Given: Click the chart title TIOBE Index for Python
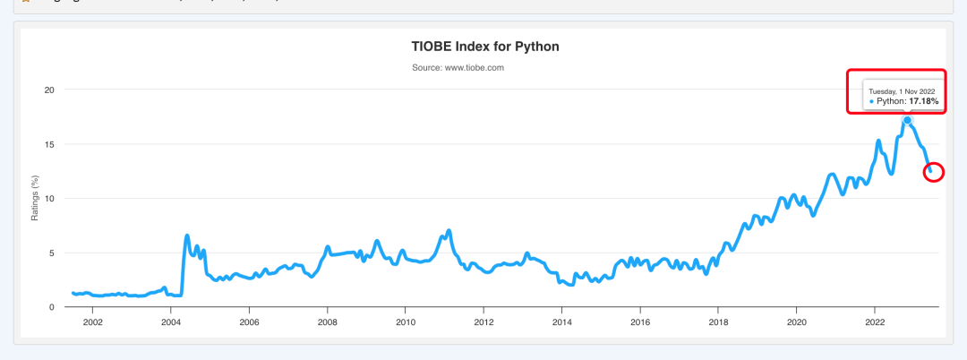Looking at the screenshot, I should coord(484,46).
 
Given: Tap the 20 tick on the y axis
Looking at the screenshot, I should coord(49,90).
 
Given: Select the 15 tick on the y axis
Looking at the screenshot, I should coord(49,144).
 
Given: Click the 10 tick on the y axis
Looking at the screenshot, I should coord(49,198).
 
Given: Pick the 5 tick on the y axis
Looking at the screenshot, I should coord(52,253).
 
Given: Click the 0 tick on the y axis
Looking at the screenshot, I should coord(52,307).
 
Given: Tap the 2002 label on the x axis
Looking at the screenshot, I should coord(92,322).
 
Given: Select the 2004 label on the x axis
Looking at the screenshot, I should coord(170,322).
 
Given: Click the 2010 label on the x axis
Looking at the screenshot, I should coord(406,322).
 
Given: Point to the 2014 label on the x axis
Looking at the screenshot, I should coord(561,322).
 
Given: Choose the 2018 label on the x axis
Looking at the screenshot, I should coord(718,322).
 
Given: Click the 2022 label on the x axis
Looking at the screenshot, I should coord(875,322).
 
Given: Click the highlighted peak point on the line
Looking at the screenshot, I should coord(907,120).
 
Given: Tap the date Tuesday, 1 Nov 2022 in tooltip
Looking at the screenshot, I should coord(902,91).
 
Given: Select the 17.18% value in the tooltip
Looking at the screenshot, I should coord(924,102).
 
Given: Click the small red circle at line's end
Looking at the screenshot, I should coord(933,171).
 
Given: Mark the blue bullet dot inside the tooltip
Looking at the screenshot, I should coord(871,102).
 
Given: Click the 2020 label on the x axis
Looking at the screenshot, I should coord(797,322).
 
